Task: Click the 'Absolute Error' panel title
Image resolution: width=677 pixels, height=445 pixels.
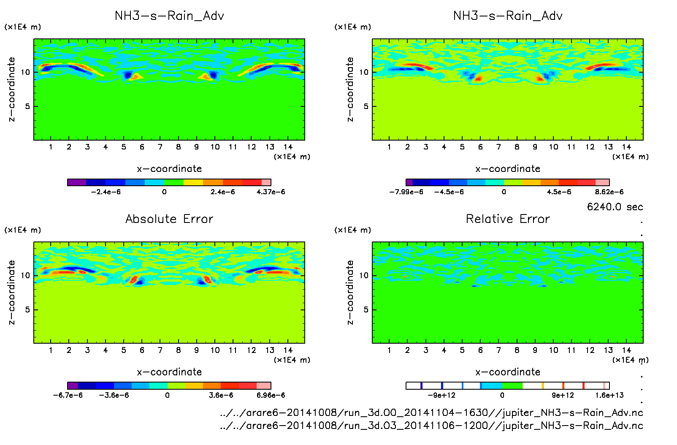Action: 169,219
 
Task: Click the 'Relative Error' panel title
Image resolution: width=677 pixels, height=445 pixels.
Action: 508,219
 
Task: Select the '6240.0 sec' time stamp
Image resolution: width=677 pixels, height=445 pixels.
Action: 615,207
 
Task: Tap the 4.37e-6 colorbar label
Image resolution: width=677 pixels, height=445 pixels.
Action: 271,192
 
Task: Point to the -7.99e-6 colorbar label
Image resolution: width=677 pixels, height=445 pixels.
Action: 406,192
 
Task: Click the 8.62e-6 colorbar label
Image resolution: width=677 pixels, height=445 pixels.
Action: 609,192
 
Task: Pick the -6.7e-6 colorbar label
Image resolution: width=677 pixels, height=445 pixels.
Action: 68,396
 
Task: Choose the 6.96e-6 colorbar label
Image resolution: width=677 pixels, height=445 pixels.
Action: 271,396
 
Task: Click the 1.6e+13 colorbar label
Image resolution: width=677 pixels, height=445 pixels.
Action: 609,396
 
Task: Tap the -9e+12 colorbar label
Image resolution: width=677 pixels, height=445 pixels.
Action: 441,396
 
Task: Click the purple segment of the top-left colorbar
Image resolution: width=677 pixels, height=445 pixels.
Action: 77,182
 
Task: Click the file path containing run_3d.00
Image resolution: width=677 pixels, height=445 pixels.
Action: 431,412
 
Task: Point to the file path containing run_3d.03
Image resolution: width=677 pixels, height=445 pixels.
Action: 431,426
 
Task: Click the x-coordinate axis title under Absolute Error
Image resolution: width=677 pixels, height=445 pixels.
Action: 169,372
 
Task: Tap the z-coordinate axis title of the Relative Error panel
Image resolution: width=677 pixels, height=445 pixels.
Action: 350,293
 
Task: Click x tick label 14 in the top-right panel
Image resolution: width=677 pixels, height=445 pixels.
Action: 626,147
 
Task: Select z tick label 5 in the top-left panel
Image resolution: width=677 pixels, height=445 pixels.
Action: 27,106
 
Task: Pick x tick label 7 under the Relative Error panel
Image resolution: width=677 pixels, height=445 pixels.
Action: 498,350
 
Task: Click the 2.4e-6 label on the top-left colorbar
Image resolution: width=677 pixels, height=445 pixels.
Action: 222,192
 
